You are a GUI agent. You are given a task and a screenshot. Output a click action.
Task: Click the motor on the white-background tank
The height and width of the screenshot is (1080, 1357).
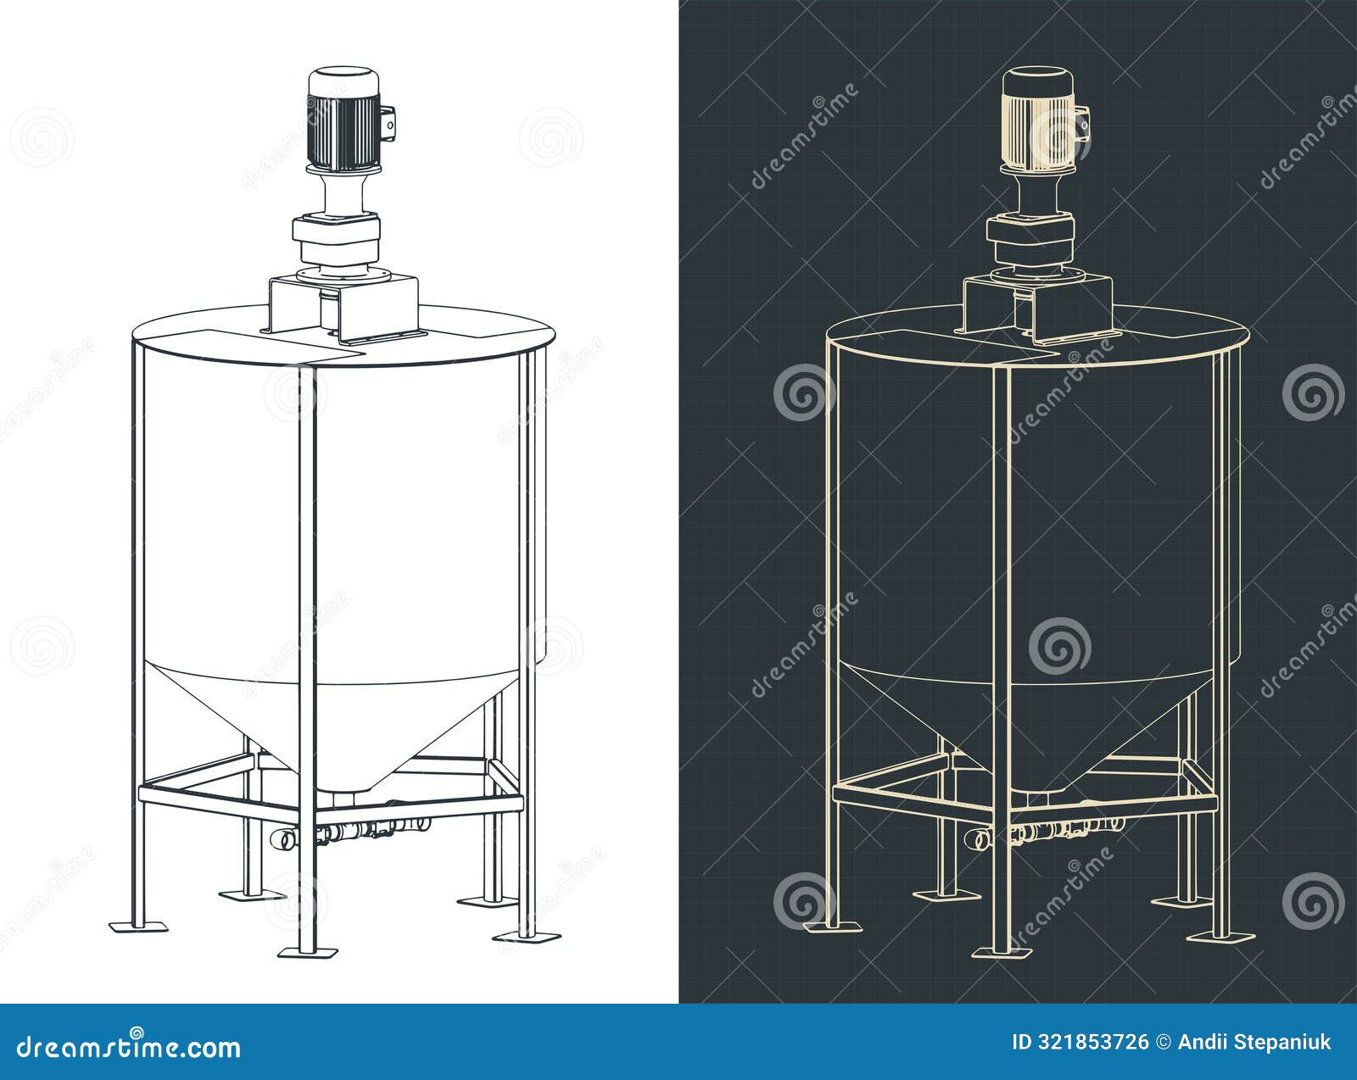342,119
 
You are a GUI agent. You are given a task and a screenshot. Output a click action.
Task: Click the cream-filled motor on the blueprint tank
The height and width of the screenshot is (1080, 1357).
1037,119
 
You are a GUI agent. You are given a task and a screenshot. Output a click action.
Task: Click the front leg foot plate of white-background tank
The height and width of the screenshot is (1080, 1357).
308,951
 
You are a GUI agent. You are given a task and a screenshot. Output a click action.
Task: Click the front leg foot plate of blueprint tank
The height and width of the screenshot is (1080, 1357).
1003,951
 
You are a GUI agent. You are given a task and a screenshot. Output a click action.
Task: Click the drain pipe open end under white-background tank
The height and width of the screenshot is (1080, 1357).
282,839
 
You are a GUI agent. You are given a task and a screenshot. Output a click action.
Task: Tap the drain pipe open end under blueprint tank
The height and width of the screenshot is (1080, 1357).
978,839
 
